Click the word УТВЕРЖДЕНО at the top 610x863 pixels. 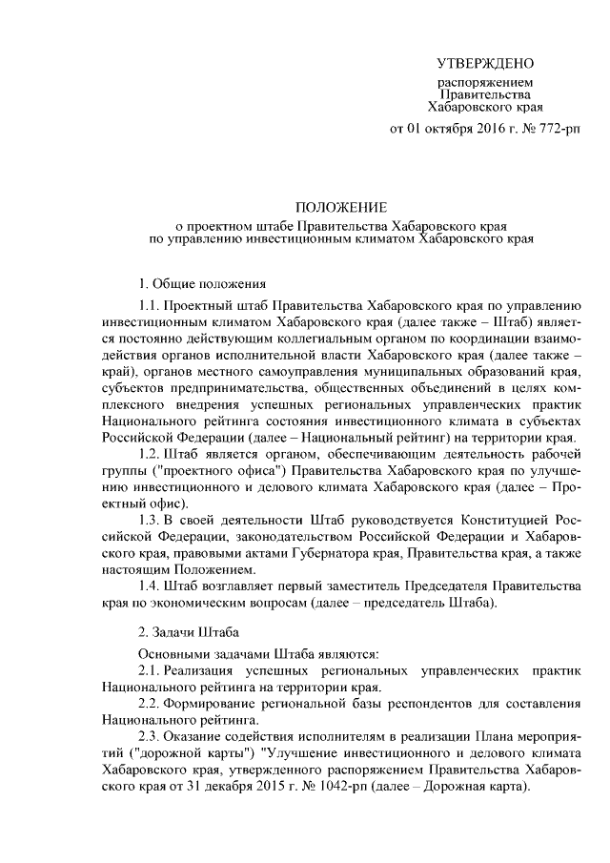coord(485,64)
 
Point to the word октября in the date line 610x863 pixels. coord(452,129)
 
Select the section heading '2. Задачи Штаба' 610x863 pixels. coord(189,632)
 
